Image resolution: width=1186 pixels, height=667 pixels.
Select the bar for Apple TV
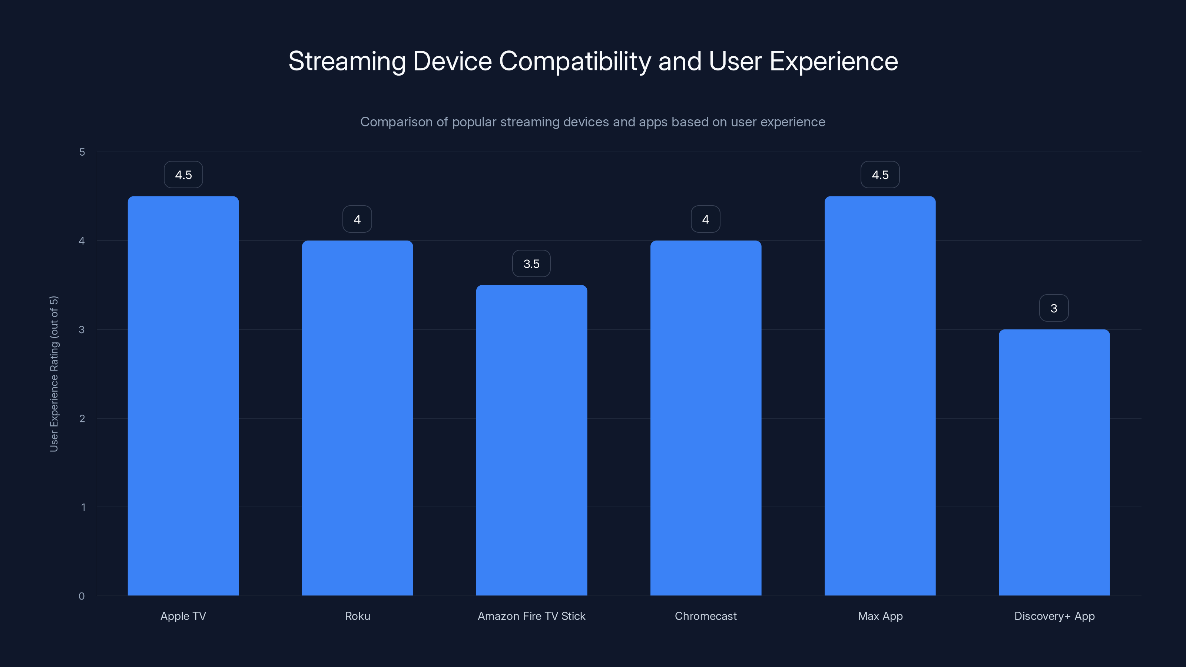point(183,396)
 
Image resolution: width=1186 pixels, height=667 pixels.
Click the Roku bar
point(357,418)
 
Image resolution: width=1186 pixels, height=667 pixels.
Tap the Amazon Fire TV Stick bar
point(531,440)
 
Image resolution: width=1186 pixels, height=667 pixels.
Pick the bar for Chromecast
point(705,418)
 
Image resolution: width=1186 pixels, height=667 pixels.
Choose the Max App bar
point(880,396)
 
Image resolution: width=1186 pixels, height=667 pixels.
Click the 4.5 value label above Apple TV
point(183,175)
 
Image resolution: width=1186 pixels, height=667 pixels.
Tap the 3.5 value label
point(531,264)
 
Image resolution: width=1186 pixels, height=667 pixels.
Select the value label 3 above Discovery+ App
point(1054,308)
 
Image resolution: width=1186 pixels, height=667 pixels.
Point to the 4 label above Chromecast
point(705,220)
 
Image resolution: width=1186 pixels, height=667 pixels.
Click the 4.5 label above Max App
point(880,175)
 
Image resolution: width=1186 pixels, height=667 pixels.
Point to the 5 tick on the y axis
point(82,152)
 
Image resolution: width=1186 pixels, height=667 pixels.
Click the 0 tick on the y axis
point(82,596)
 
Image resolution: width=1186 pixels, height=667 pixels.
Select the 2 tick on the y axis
point(82,418)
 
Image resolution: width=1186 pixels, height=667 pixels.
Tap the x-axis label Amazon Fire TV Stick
point(531,616)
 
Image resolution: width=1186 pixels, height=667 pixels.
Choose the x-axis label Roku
point(357,616)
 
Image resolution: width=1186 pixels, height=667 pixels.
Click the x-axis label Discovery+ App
point(1054,616)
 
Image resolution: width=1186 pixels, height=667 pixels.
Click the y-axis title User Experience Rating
point(54,374)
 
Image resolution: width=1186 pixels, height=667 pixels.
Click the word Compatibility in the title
point(574,61)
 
